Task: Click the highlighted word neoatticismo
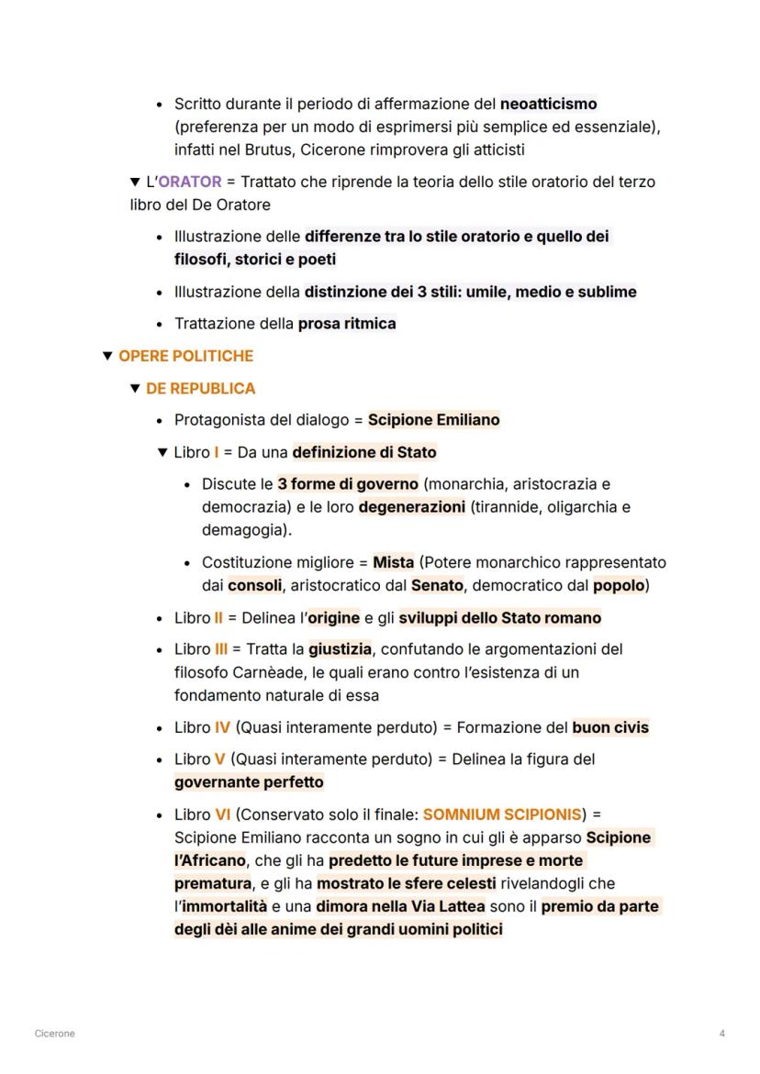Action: pyautogui.click(x=548, y=104)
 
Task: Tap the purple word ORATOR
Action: pyautogui.click(x=190, y=182)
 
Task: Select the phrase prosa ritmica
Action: pyautogui.click(x=347, y=324)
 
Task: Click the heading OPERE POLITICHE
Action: pyautogui.click(x=185, y=356)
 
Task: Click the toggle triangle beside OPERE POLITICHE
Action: pyautogui.click(x=108, y=356)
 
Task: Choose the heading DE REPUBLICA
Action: pyautogui.click(x=200, y=388)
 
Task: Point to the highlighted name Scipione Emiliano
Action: pyautogui.click(x=433, y=420)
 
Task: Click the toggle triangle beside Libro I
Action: pyautogui.click(x=163, y=452)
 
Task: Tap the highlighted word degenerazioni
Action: pyautogui.click(x=412, y=507)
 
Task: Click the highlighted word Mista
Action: pyautogui.click(x=393, y=562)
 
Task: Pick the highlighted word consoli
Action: pyautogui.click(x=254, y=585)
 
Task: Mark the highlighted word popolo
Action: pyautogui.click(x=618, y=585)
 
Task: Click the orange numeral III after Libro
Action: pyautogui.click(x=221, y=649)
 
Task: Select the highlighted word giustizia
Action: pyautogui.click(x=340, y=649)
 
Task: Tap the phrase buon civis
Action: pyautogui.click(x=609, y=727)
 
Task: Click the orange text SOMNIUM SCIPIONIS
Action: pyautogui.click(x=501, y=814)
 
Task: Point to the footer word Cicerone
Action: pyautogui.click(x=54, y=1034)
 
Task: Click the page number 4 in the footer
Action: pyautogui.click(x=722, y=1034)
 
